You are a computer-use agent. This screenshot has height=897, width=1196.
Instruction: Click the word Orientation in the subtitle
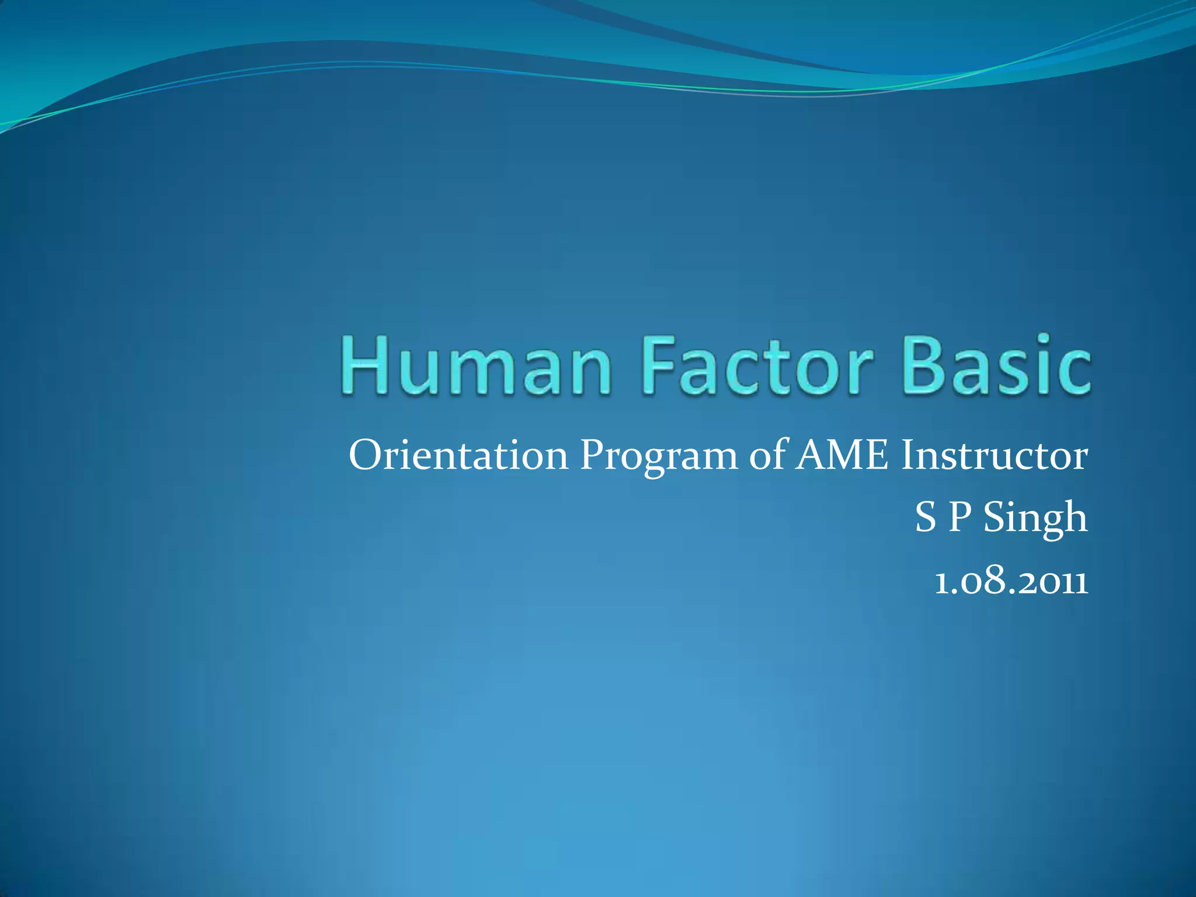coord(458,455)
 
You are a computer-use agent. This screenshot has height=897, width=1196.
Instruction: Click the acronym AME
coord(842,455)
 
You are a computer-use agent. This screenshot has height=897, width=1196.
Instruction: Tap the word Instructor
coord(994,455)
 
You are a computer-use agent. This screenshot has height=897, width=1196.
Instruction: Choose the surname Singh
coord(1035,517)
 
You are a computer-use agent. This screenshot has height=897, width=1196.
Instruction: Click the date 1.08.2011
coord(1011,582)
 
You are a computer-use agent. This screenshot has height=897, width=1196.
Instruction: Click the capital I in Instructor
coord(908,455)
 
